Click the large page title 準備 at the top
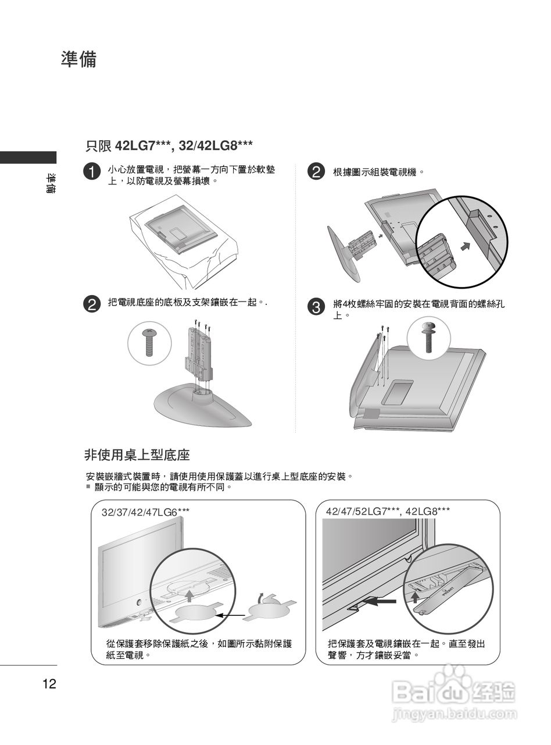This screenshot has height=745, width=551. click(78, 59)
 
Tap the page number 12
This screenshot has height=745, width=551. click(49, 684)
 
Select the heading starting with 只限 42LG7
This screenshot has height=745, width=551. click(169, 145)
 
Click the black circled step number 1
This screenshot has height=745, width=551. click(91, 172)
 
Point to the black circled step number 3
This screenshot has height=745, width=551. click(314, 307)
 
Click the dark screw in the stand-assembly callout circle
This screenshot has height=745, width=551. click(149, 343)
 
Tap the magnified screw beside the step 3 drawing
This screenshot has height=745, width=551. click(428, 336)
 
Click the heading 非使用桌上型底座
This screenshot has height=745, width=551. click(137, 454)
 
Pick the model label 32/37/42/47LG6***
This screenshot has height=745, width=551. click(145, 512)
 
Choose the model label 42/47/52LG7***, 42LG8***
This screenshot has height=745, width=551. click(388, 512)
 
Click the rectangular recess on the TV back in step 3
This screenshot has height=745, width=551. click(398, 392)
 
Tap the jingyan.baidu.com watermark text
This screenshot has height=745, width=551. click(454, 714)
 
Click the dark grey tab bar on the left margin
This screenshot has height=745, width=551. click(28, 157)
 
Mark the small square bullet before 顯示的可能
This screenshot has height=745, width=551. click(88, 486)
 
